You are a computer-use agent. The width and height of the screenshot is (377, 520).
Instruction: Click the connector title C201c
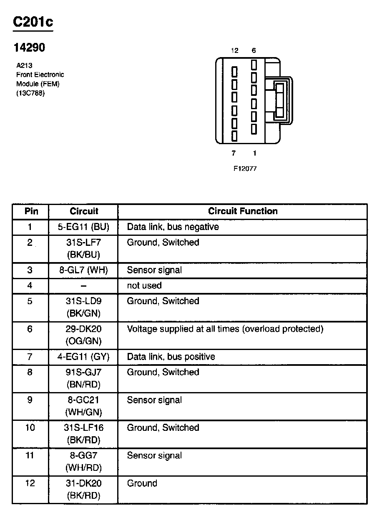click(x=33, y=22)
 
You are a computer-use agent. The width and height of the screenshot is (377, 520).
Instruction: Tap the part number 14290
click(x=29, y=47)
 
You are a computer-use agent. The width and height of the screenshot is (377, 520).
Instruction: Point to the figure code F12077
click(x=245, y=169)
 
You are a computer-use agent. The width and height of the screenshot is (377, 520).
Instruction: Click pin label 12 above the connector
click(x=234, y=51)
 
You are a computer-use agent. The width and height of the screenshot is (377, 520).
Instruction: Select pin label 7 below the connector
click(x=234, y=153)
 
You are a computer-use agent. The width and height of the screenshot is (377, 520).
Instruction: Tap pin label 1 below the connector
click(x=254, y=153)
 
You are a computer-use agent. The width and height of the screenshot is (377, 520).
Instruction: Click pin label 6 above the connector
click(x=254, y=51)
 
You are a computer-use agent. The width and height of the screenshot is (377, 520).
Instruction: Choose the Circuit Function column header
click(x=243, y=211)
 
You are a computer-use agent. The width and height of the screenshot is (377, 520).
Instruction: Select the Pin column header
click(x=31, y=211)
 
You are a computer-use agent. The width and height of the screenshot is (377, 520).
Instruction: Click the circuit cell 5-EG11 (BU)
click(x=83, y=227)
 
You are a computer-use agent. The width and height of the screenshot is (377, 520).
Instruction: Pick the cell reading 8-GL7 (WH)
click(x=83, y=270)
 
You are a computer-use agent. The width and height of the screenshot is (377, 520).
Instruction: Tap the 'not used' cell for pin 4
click(x=144, y=285)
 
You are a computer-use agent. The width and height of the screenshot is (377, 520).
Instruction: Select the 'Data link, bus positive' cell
click(x=171, y=357)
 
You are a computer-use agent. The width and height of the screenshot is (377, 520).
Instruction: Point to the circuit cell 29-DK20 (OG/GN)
click(x=83, y=335)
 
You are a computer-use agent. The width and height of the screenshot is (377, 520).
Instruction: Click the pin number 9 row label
click(x=30, y=400)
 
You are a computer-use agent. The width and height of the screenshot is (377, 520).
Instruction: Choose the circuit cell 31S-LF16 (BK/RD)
click(x=83, y=433)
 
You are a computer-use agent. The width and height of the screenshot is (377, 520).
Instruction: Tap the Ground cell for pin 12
click(x=142, y=483)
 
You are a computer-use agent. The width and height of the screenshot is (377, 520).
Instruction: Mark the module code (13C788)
click(x=30, y=93)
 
